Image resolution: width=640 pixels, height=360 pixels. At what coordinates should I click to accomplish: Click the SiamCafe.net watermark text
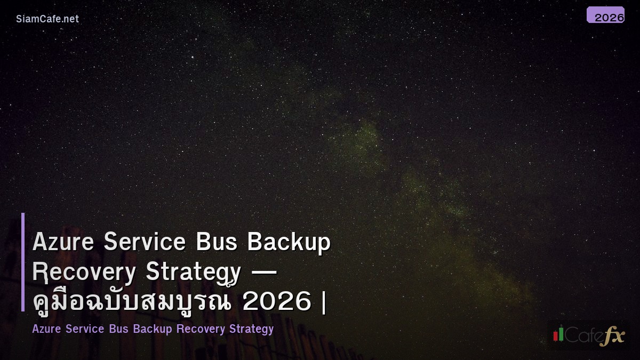tap(47, 19)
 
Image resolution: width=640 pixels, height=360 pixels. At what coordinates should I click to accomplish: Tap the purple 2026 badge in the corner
tap(606, 15)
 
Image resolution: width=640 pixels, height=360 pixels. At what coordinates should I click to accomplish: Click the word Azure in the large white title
tap(63, 242)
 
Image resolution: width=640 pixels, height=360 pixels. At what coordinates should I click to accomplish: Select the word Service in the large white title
tap(145, 242)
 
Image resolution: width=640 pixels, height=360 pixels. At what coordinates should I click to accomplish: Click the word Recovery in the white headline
tap(84, 272)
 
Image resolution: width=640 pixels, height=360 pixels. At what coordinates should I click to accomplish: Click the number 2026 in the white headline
tap(276, 302)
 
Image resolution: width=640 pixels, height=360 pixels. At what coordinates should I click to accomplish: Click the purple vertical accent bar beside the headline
tap(23, 262)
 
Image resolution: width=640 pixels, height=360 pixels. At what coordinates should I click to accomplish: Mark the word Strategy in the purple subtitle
tap(251, 329)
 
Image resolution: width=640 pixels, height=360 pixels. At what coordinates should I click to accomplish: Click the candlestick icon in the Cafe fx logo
tap(558, 334)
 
